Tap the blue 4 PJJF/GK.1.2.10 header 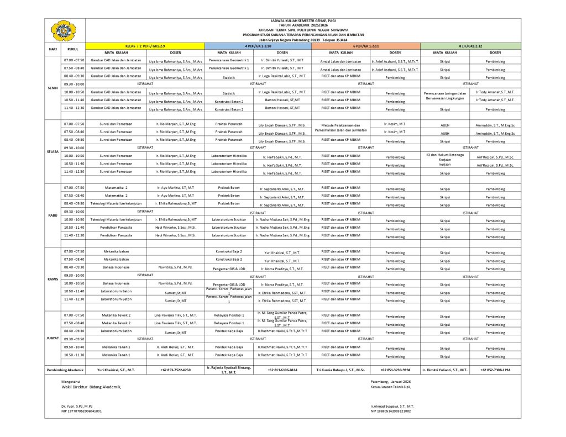258,45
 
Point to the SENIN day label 54,87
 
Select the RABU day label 54,215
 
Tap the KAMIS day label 54,279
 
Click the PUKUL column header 74,49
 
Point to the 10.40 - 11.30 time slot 74,355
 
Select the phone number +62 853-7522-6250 175,370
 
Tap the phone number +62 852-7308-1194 495,370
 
